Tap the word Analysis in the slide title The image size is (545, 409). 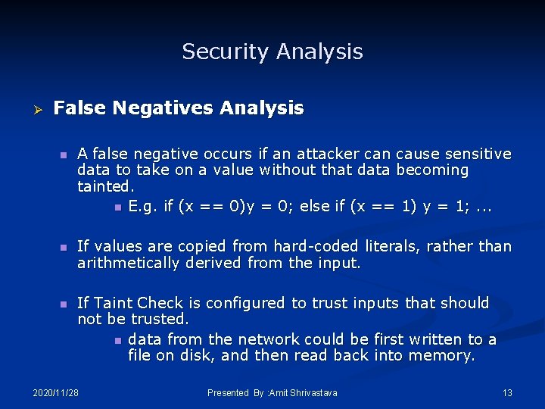pyautogui.click(x=319, y=52)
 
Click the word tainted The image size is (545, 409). pyautogui.click(x=104, y=186)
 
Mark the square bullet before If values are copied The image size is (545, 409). pyautogui.click(x=64, y=247)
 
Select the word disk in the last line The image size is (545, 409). pyautogui.click(x=196, y=355)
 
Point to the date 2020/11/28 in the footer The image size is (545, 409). pyautogui.click(x=56, y=392)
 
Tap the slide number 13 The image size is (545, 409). pyautogui.click(x=507, y=392)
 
